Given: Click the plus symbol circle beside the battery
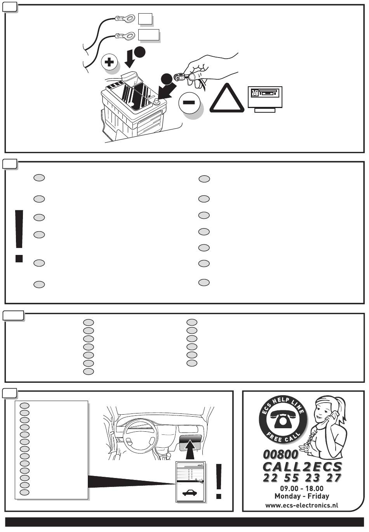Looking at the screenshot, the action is tap(110, 62).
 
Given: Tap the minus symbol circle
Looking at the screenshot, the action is tap(189, 103).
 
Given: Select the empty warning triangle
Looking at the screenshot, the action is tap(227, 99).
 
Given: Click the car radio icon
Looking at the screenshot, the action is tap(265, 96).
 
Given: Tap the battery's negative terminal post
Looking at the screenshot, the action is tap(156, 102).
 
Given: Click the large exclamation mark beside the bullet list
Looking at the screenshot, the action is tap(19, 235).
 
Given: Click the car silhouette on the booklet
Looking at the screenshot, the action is tap(190, 492).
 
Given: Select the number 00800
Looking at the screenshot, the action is tap(280, 454).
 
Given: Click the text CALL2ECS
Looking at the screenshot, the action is tap(302, 467).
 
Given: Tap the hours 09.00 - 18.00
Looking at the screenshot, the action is tap(301, 488).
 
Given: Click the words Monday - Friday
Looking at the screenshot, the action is tap(301, 496).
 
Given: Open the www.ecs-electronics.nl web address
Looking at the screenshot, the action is tap(301, 505).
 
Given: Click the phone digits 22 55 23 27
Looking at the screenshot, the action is tap(302, 478).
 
